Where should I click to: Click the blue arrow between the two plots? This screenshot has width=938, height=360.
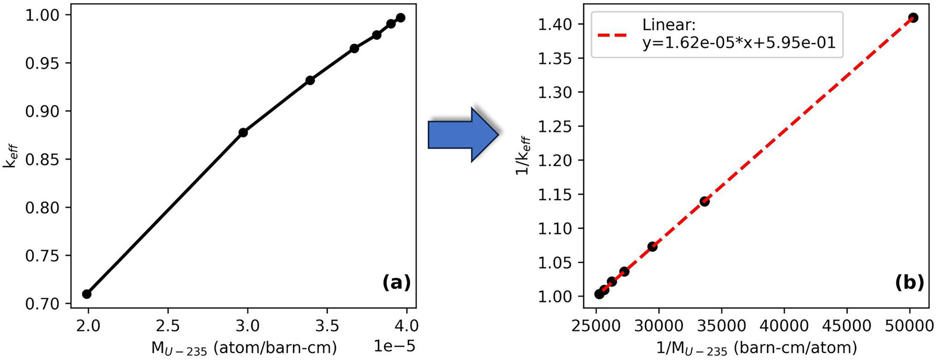pyautogui.click(x=462, y=135)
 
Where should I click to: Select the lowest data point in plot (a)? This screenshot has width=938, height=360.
pyautogui.click(x=87, y=294)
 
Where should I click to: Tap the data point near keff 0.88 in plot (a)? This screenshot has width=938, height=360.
pyautogui.click(x=243, y=133)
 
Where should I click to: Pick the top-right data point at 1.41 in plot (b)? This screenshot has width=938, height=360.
pyautogui.click(x=914, y=18)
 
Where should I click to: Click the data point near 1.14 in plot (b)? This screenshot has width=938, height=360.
pyautogui.click(x=704, y=201)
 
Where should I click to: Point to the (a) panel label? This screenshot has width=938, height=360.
pyautogui.click(x=396, y=283)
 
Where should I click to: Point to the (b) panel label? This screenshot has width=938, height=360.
pyautogui.click(x=909, y=283)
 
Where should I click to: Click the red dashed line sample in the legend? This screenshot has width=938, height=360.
pyautogui.click(x=613, y=35)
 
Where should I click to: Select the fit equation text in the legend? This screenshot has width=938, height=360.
pyautogui.click(x=739, y=43)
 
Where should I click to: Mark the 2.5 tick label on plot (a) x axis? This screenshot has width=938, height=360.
pyautogui.click(x=168, y=326)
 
